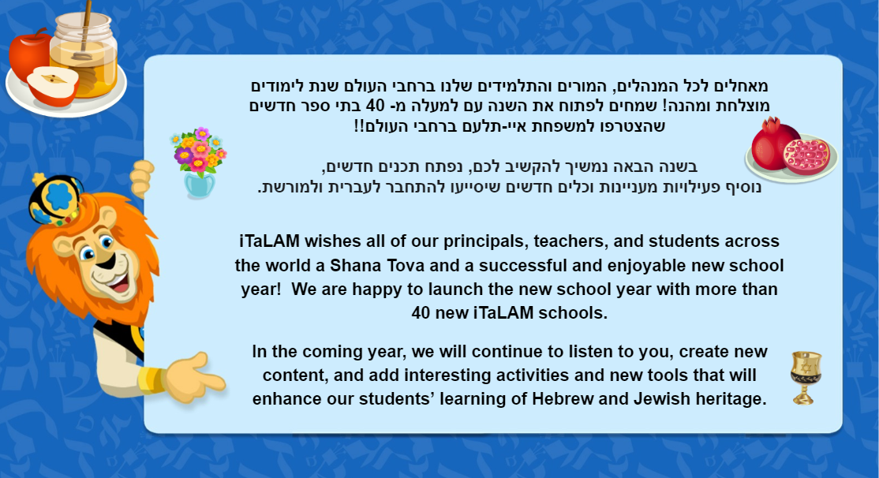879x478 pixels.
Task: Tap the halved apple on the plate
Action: pos(53,86)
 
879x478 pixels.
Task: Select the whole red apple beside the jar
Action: pos(29,55)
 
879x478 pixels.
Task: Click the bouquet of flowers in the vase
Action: pos(199,162)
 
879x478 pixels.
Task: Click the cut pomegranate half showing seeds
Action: pos(806,157)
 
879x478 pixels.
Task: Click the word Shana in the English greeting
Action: pos(355,265)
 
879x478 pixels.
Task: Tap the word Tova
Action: pos(406,265)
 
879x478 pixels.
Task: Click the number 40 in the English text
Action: pos(421,312)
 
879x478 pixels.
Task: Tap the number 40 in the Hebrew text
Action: pos(375,106)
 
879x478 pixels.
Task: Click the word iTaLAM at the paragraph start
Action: pos(269,241)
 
